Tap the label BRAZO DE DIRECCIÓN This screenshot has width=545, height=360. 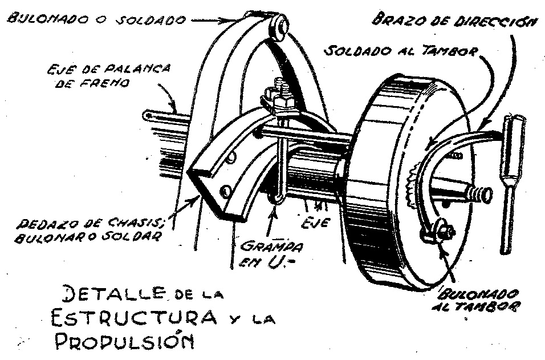tap(454, 20)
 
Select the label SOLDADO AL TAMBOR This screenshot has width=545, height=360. tap(401, 50)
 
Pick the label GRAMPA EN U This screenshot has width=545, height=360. tap(271, 254)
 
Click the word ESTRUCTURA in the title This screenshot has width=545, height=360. tap(134, 317)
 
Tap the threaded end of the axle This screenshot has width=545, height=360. tap(481, 193)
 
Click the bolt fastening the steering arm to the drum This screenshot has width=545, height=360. tap(442, 230)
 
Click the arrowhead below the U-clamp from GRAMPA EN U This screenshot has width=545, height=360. tap(275, 210)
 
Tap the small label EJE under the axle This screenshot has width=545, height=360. tap(315, 222)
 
